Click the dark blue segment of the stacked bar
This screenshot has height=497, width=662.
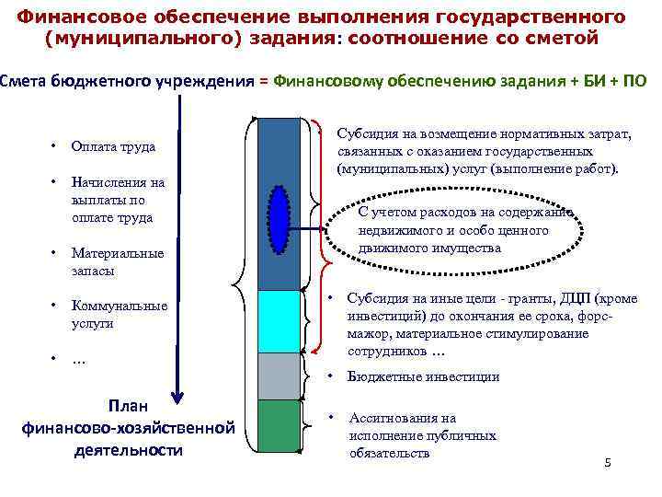[x=280, y=156]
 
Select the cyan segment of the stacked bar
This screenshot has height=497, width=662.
[x=280, y=321]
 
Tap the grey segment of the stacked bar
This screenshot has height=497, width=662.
[x=280, y=376]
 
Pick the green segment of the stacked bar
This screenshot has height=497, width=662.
[x=280, y=428]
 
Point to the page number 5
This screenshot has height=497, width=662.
[x=608, y=462]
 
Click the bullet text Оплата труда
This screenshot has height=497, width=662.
[x=113, y=147]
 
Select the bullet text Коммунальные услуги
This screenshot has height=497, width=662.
[x=119, y=315]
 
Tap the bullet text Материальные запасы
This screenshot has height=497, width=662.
[x=117, y=262]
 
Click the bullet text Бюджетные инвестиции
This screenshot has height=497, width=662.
[x=424, y=376]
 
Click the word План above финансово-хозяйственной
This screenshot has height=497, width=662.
[x=128, y=406]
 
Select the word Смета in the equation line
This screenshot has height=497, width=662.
[x=20, y=81]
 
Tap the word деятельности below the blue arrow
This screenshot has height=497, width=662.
[x=128, y=450]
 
